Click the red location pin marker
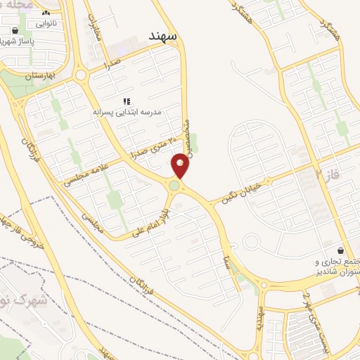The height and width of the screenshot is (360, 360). tap(181, 166)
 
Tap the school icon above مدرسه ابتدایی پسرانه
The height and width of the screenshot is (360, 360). tap(127, 101)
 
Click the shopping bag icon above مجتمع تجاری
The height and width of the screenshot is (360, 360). tap(341, 250)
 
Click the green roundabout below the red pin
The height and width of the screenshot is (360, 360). tap(174, 186)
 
